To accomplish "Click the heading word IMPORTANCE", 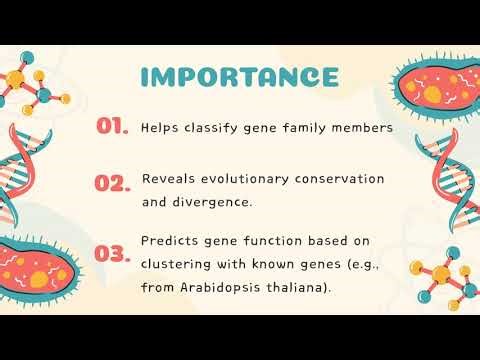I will pos(239,76).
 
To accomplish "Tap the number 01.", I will pos(112,126).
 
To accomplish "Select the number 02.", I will pos(113,183).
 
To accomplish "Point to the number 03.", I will pos(113,253).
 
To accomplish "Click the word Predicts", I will pos(169,240).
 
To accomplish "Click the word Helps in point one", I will pos(158,128).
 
